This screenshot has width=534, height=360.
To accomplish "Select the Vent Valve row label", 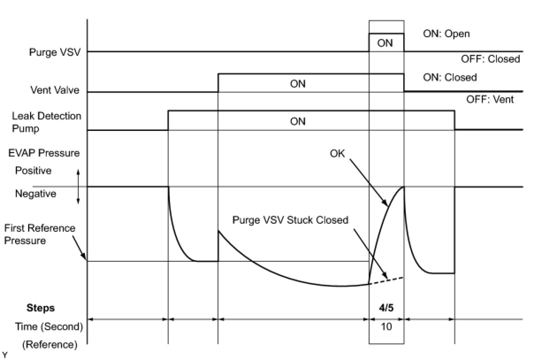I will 55,90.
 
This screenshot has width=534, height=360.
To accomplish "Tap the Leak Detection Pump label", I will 46,122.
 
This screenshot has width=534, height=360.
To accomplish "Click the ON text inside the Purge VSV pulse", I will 385,43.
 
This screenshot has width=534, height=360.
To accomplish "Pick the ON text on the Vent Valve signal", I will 298,84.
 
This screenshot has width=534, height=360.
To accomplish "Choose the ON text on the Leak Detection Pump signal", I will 298,121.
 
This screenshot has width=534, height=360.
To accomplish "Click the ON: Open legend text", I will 446,34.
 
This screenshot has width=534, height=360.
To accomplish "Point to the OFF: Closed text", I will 491,59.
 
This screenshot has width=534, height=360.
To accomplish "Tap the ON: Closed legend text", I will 450,77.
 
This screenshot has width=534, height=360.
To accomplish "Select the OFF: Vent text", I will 490,100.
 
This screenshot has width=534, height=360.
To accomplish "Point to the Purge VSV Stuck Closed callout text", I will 290,220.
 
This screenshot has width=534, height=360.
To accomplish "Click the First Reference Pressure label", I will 40,234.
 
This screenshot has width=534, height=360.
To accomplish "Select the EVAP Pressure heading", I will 44,153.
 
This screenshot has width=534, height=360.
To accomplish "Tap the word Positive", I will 33,170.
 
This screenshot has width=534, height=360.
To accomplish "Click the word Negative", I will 35,194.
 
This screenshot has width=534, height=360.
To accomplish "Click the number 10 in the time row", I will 386,327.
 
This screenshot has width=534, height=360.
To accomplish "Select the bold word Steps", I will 41,308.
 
